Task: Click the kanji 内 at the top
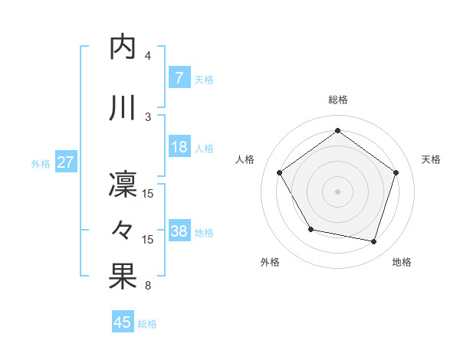[123, 47]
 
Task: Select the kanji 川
[123, 107]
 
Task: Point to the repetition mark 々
[123, 229]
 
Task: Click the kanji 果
[123, 277]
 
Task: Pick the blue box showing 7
[179, 78]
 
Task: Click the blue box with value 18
[179, 148]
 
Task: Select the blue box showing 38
[179, 232]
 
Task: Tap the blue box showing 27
[65, 163]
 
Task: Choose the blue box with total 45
[123, 322]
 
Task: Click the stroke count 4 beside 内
[148, 56]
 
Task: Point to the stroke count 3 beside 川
[148, 116]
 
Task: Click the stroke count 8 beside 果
[148, 286]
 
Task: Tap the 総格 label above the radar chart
[337, 100]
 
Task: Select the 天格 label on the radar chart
[431, 159]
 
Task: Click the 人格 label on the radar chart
[245, 159]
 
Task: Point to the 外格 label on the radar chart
[270, 262]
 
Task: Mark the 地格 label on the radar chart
[402, 262]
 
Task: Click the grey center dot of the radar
[337, 191]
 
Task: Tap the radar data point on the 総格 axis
[337, 131]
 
